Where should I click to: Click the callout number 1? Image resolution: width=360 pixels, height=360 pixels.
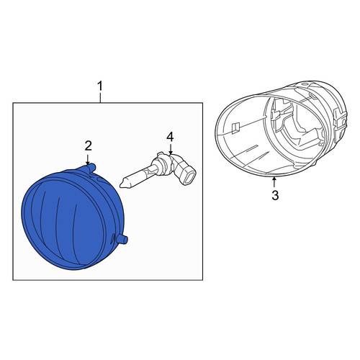[100, 86]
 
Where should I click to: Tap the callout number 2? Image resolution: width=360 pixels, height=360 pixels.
[88, 145]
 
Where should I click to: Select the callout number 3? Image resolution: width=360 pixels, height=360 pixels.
[275, 195]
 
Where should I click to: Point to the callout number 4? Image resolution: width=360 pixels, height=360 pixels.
[170, 137]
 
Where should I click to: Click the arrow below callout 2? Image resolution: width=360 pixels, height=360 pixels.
[88, 160]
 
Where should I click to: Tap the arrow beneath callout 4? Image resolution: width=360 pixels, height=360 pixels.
[171, 149]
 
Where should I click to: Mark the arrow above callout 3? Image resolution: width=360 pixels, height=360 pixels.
[274, 181]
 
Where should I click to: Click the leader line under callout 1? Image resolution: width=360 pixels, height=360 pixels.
[100, 98]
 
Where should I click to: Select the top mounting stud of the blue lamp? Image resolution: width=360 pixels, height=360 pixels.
[91, 168]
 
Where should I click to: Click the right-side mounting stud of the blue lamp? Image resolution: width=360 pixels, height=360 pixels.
[122, 239]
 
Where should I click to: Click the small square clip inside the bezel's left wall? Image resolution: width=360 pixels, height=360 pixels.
[235, 127]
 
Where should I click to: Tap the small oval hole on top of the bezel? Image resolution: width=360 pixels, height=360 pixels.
[305, 84]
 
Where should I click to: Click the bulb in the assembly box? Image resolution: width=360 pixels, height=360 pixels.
[158, 169]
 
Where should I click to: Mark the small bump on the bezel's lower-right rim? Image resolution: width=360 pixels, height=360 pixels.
[315, 163]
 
